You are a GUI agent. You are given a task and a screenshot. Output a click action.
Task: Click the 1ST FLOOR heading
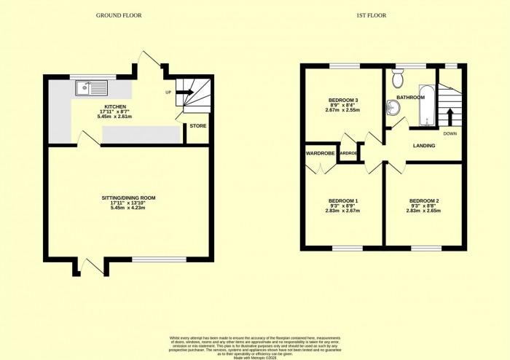click(x=372, y=15)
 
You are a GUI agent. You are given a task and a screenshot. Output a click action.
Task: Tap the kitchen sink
click(x=90, y=89)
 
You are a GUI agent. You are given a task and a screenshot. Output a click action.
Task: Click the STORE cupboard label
click(x=197, y=126)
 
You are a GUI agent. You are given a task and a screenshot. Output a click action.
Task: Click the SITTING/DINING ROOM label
click(x=128, y=197)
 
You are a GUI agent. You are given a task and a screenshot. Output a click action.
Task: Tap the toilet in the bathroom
click(x=398, y=78)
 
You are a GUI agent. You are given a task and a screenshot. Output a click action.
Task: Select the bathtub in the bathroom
click(x=425, y=105)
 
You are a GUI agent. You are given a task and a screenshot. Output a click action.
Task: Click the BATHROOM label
click(x=410, y=97)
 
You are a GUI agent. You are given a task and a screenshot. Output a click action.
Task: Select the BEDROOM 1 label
click(x=342, y=200)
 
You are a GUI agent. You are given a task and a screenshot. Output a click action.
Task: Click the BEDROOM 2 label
click(x=424, y=200)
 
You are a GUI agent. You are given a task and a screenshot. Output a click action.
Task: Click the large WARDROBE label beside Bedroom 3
click(x=321, y=154)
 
